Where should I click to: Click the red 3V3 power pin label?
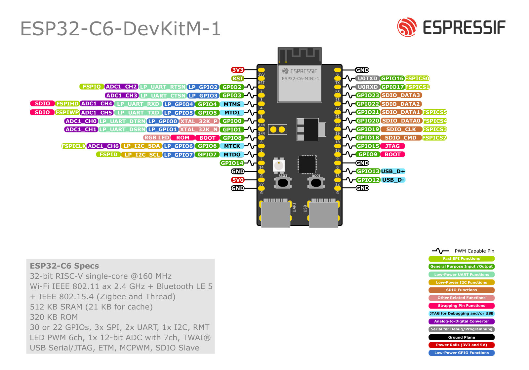(237, 70)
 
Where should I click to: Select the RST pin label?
(238, 78)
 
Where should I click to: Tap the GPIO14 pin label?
(232, 163)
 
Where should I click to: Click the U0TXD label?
(367, 78)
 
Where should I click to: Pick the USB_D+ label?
(393, 171)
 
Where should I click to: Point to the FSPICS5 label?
(434, 112)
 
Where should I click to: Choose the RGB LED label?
(157, 137)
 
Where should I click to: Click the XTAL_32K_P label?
(199, 121)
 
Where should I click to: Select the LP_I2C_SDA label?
(142, 146)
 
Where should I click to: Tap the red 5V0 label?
(238, 180)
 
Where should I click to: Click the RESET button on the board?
(283, 183)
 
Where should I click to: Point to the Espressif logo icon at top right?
(407, 27)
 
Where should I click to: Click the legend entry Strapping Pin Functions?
(461, 306)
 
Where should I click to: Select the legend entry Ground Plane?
(461, 337)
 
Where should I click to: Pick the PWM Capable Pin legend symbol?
(440, 251)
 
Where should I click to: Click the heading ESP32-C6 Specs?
(64, 266)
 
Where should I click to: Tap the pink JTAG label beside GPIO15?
(392, 146)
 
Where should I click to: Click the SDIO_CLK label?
(401, 129)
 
